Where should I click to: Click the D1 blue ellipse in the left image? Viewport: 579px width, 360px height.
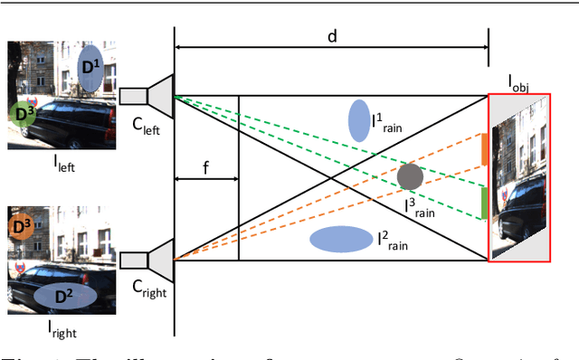click(x=90, y=70)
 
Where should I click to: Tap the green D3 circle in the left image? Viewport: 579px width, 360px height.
click(x=23, y=112)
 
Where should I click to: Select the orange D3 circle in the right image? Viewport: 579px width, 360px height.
click(x=21, y=224)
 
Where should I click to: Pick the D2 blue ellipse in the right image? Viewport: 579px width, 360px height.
click(x=65, y=295)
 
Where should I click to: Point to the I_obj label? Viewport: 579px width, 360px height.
click(x=519, y=85)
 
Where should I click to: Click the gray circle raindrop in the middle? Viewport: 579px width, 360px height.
click(x=410, y=176)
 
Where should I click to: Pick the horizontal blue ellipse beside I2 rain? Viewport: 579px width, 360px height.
click(x=341, y=239)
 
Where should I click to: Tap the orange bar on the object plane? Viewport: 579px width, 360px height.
click(x=485, y=149)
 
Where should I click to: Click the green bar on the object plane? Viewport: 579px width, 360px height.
click(x=485, y=203)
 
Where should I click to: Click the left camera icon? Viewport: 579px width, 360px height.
click(x=147, y=95)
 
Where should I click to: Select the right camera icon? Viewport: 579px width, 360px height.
click(x=147, y=259)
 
